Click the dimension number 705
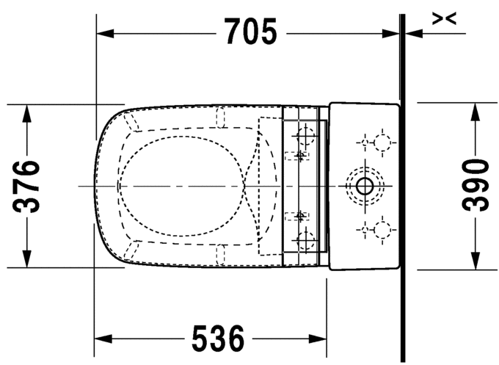click(250, 32)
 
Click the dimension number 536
click(217, 339)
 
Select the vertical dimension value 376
click(27, 185)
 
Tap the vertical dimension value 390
click(476, 187)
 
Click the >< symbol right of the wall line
click(444, 19)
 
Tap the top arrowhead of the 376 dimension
click(27, 112)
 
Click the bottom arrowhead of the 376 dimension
click(27, 260)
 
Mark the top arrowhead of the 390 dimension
click(476, 111)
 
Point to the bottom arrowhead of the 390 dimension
click(476, 262)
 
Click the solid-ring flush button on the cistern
click(363, 187)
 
